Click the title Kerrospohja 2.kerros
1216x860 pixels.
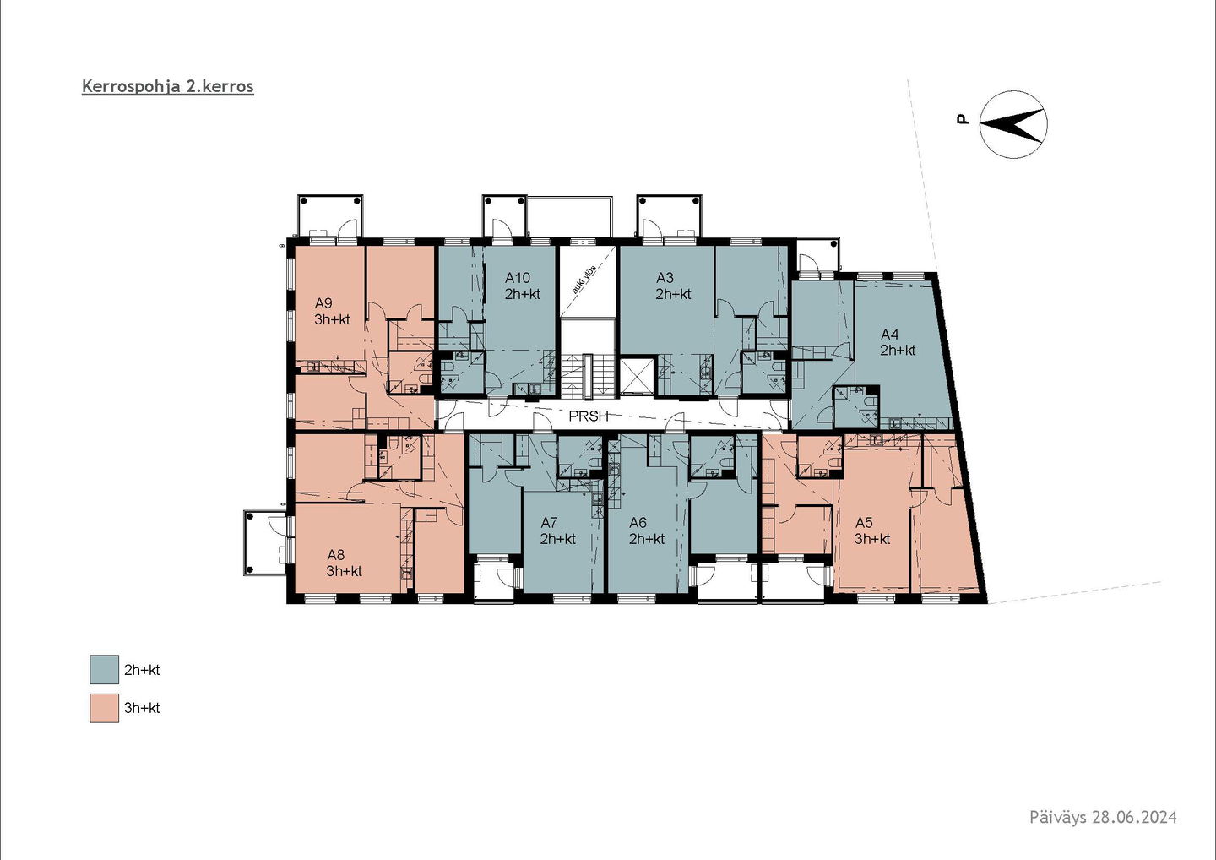coord(168,87)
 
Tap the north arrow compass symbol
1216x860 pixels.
coord(1013,124)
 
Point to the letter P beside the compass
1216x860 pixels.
coord(963,119)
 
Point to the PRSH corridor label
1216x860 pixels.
coord(589,416)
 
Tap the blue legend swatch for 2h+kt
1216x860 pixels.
coord(104,669)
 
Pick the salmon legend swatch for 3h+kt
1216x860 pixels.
coord(104,708)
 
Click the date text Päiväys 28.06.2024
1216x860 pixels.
coord(1103,832)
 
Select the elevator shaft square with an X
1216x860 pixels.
coord(638,374)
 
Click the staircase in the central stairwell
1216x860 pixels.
coord(588,374)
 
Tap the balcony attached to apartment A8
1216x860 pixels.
coord(265,542)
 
